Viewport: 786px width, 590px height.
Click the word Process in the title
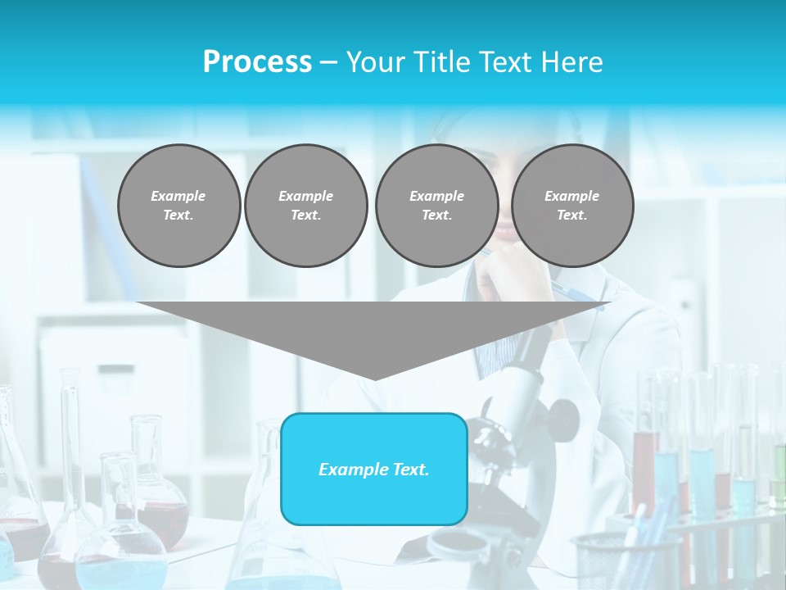[257, 62]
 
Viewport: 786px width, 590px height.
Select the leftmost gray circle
[178, 206]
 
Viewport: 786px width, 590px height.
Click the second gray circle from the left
[305, 206]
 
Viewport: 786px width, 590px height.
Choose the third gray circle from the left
[436, 206]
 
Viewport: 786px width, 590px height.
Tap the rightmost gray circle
[571, 206]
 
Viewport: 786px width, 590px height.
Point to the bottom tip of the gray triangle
[375, 378]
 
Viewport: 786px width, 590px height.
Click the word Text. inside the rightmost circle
[571, 216]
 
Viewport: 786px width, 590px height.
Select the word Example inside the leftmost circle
[178, 196]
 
